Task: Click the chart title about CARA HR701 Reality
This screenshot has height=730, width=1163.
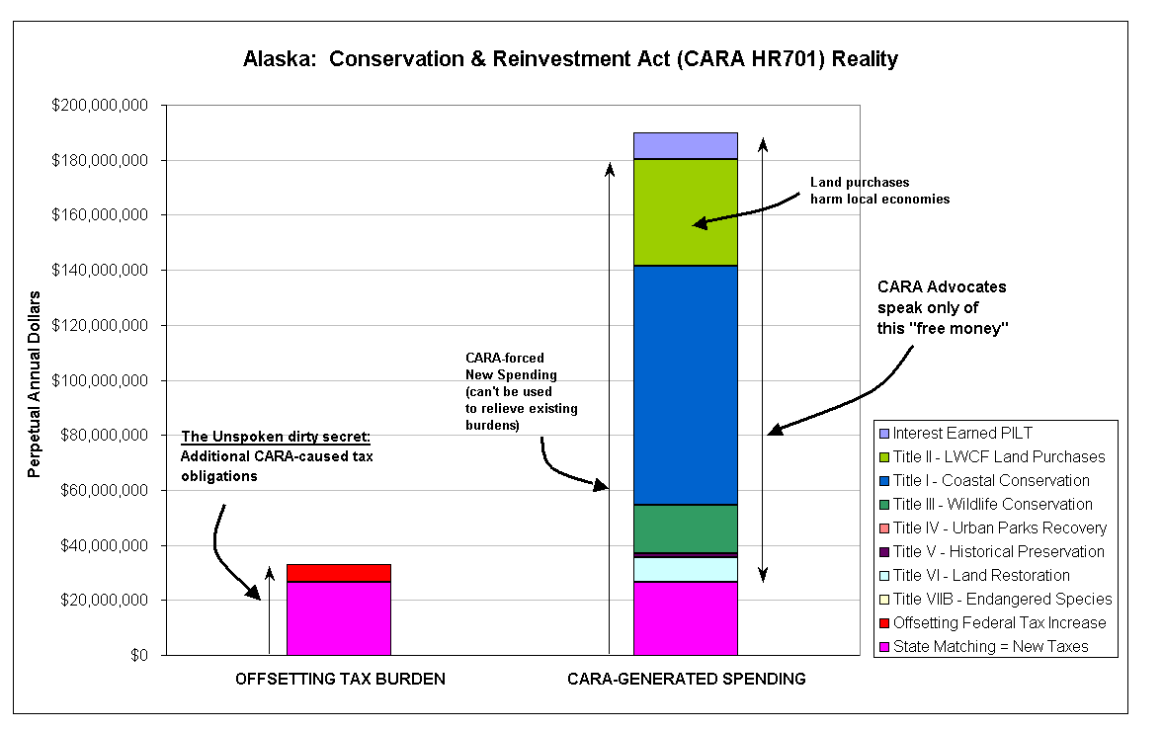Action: tap(570, 58)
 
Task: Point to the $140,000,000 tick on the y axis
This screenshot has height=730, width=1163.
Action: tap(100, 270)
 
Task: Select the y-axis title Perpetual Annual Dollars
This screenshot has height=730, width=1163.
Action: tap(35, 384)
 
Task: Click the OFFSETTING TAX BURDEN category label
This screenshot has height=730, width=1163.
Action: tap(341, 679)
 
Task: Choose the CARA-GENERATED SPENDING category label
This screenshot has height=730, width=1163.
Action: tap(687, 679)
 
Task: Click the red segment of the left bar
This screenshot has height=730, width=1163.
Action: tap(339, 573)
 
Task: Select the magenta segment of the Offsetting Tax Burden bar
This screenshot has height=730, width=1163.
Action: tap(339, 618)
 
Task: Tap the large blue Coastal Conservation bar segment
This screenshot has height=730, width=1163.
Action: tap(686, 385)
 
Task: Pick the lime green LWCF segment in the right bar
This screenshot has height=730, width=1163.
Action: tap(686, 212)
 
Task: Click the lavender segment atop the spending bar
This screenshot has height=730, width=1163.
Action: tap(686, 146)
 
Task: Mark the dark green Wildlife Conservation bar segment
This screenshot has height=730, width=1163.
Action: tap(686, 528)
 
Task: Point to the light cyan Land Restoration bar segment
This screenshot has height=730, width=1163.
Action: tap(686, 569)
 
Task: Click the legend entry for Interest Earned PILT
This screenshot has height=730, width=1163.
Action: tap(955, 434)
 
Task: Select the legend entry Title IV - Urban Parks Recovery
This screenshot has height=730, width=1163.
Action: tap(992, 528)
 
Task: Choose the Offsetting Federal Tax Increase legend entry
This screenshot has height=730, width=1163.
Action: tap(992, 623)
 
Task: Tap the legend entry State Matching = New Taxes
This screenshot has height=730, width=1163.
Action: tap(983, 647)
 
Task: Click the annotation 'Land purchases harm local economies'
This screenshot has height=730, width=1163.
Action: tap(879, 191)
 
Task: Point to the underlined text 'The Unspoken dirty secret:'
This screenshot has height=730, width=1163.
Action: tap(276, 437)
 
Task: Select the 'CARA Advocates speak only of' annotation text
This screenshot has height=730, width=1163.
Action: tap(942, 296)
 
